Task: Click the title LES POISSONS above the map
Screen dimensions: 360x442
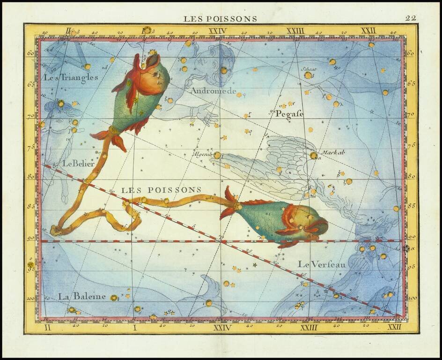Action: pos(220,19)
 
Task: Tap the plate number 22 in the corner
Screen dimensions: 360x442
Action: pos(411,18)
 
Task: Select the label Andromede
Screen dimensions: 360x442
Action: pos(213,91)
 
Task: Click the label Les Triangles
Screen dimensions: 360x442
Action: pos(71,77)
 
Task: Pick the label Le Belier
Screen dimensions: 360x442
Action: pos(79,164)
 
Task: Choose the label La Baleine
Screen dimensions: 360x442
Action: pos(82,296)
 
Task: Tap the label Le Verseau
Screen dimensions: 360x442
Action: pos(322,264)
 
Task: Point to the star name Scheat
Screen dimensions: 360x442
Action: pos(309,69)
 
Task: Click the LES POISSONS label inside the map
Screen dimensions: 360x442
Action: pos(161,190)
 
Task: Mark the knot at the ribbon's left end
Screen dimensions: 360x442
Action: pos(56,230)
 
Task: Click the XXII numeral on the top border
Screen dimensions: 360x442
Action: pos(368,31)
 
